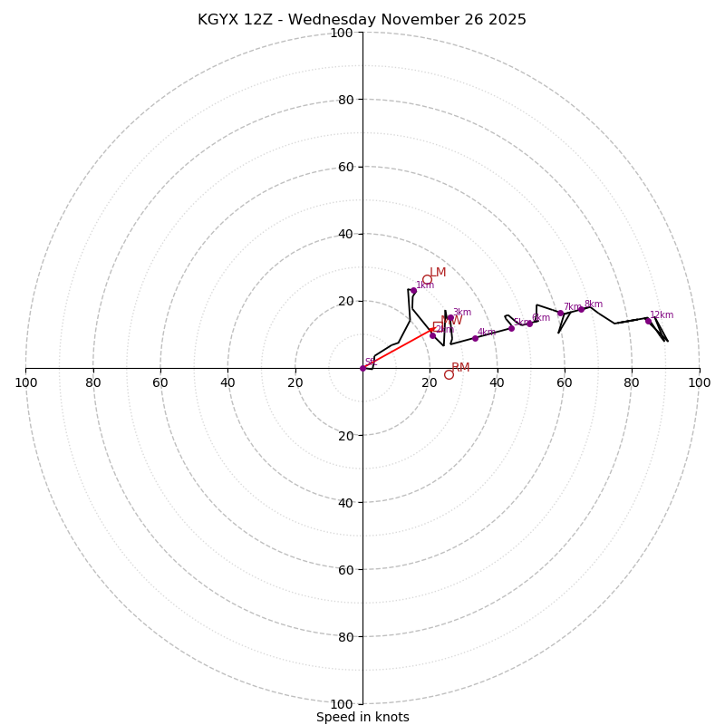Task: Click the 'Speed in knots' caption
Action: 362,717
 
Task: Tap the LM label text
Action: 438,273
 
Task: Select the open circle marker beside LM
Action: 427,280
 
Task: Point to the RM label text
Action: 460,368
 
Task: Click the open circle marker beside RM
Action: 449,374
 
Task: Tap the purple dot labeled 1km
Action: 413,291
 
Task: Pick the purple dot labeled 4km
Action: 475,338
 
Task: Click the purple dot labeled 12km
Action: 648,321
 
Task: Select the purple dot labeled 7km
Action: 560,314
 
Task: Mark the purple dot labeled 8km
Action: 582,309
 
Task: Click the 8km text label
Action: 593,304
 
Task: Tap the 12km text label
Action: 662,315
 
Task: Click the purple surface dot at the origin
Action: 362,368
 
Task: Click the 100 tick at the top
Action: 342,33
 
